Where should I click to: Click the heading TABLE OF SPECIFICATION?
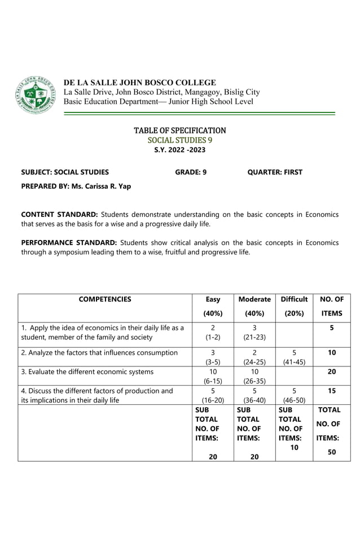pos(179,130)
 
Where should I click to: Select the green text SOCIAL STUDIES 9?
pos(179,140)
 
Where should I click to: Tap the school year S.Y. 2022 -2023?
pos(179,150)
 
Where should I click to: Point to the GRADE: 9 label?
pos(191,172)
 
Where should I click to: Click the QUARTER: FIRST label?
pos(275,172)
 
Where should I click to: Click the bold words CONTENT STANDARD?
pos(59,215)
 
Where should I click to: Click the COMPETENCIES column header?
pos(104,300)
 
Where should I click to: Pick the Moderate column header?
pos(254,299)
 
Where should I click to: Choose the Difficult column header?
pos(294,299)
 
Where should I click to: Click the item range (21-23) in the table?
pos(254,337)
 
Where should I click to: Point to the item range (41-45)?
pos(294,362)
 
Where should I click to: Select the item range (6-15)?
pos(213,381)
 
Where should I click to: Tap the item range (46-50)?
pos(294,400)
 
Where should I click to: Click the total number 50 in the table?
pos(332,452)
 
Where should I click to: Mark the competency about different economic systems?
pos(87,371)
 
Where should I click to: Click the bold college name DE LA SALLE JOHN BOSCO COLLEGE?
pos(139,82)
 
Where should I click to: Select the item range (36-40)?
pos(254,400)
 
